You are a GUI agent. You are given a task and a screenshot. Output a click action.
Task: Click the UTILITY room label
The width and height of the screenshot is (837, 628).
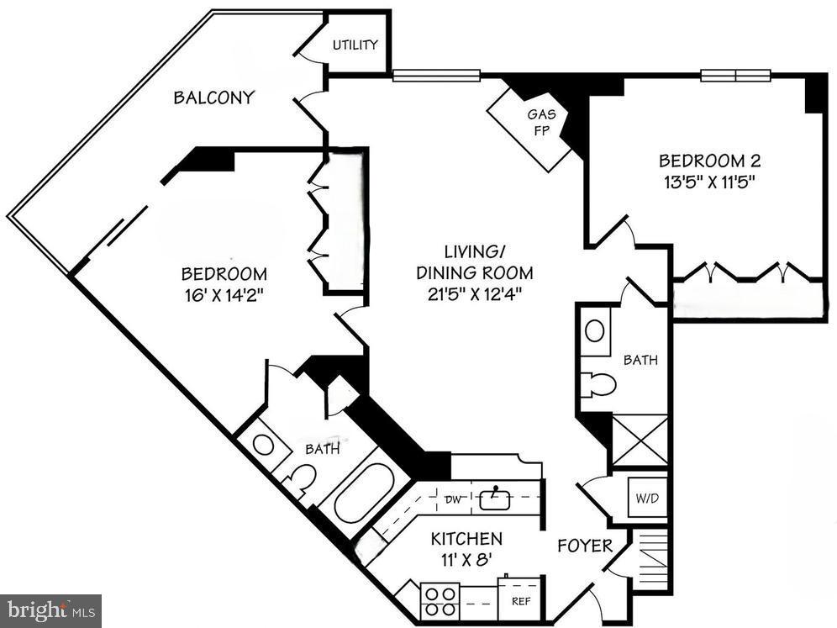(x=355, y=45)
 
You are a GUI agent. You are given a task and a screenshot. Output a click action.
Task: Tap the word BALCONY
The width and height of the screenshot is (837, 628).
(x=213, y=98)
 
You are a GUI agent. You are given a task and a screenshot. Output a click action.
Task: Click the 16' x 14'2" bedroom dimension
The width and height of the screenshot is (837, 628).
(x=224, y=294)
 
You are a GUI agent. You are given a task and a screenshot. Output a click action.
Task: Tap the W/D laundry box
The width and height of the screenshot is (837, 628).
(x=648, y=498)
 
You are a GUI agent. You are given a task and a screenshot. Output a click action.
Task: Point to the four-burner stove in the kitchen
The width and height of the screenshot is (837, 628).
(x=439, y=599)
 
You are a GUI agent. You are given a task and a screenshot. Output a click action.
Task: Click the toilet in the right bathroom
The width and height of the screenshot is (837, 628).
(x=598, y=384)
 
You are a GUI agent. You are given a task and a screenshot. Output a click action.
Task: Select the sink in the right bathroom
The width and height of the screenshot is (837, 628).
(x=594, y=330)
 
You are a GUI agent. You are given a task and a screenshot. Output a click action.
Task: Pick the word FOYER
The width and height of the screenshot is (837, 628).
(x=585, y=546)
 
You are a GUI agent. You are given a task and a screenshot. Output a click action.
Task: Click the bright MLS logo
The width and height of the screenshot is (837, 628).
(x=50, y=610)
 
